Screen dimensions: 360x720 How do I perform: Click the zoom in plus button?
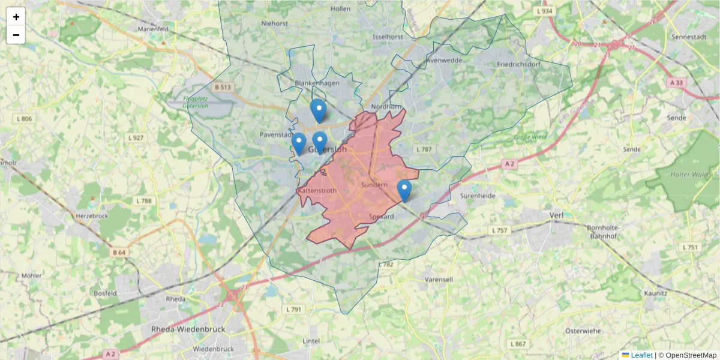[x=16, y=17]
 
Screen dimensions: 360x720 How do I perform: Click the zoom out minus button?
[x=16, y=35]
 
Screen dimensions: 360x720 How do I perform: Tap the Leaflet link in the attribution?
[x=641, y=355]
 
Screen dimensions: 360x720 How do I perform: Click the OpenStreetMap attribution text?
[x=691, y=355]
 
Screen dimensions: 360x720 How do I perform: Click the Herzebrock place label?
[x=91, y=215]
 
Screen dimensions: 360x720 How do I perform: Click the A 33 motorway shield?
[x=676, y=82]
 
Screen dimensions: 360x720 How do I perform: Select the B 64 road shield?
[x=119, y=253]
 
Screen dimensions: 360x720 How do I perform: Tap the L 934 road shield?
[x=544, y=11]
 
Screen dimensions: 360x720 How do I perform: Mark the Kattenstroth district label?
[x=317, y=191]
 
